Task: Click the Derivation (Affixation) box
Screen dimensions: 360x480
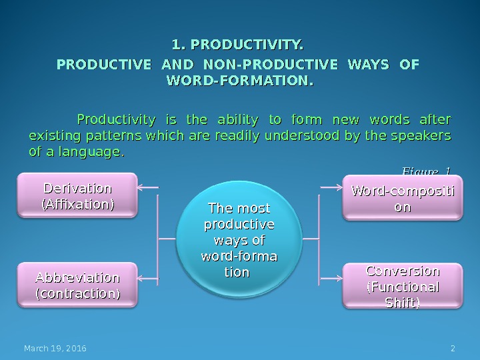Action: [77, 195]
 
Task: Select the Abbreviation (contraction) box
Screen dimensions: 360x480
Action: [77, 285]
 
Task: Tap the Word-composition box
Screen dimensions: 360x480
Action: [402, 198]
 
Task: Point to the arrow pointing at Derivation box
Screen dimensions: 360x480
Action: [148, 187]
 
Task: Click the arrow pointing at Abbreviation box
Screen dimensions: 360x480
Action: [148, 277]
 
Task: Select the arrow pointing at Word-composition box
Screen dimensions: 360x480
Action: [331, 187]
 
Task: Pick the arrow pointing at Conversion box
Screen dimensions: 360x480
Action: [331, 277]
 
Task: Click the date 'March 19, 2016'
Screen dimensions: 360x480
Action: [55, 349]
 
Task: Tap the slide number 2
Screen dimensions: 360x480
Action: [453, 349]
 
